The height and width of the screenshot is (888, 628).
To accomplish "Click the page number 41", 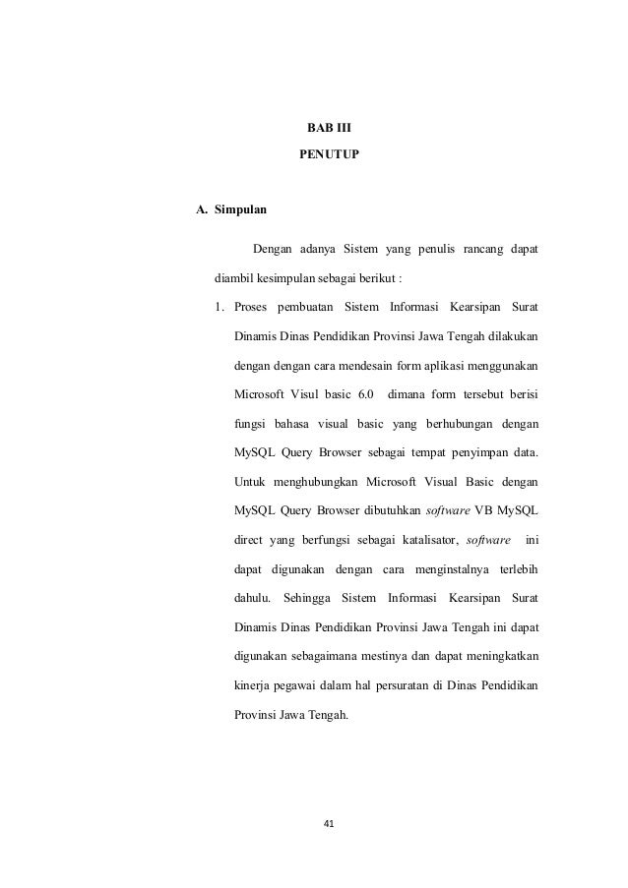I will pos(330,822).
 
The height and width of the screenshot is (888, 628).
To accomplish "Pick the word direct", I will pos(251,541).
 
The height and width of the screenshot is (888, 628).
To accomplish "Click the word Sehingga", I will pos(304,597).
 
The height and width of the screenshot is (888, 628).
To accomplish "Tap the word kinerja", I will pos(254,686).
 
